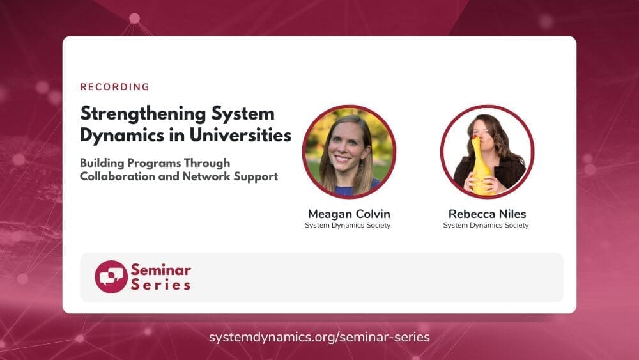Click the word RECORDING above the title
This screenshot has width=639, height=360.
[x=114, y=87]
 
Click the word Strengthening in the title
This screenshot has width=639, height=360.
[x=143, y=114]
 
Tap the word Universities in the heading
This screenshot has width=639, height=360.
[x=240, y=135]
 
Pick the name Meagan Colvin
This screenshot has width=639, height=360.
[x=349, y=214]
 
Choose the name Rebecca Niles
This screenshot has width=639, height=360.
[x=487, y=214]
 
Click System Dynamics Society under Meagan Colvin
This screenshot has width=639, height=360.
[x=348, y=226]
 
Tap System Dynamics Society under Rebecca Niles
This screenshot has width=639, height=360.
[x=486, y=226]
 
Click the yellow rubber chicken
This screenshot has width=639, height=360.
[x=482, y=165]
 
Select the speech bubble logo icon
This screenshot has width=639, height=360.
[x=111, y=277]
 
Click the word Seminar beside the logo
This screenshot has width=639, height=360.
[x=161, y=270]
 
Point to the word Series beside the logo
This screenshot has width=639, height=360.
[x=161, y=285]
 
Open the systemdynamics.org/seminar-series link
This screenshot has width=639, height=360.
[x=319, y=337]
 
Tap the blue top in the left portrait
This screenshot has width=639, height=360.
[x=351, y=191]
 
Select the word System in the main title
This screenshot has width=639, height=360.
[x=243, y=114]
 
